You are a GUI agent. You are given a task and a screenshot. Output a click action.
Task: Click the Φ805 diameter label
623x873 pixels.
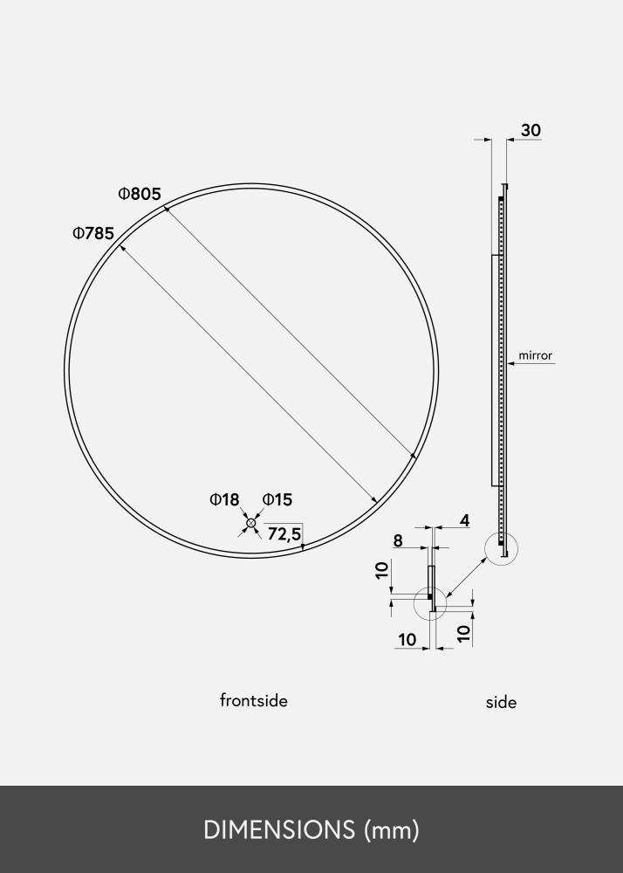pos(140,194)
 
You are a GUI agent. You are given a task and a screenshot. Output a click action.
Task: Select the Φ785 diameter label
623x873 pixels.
pos(93,234)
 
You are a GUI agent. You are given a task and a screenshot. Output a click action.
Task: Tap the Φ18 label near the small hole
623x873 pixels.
pos(224,500)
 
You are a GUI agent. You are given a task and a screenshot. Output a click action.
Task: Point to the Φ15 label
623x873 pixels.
pos(277,500)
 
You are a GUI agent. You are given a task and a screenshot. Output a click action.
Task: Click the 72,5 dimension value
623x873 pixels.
pos(284,534)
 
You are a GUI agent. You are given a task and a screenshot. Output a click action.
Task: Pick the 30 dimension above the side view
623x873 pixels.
pos(531,131)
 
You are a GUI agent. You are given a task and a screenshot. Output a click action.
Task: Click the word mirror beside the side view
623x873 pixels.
pos(536,355)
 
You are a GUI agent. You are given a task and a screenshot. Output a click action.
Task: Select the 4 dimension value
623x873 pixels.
pos(464,521)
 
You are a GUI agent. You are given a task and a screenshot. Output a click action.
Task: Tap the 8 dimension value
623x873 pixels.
pos(398,540)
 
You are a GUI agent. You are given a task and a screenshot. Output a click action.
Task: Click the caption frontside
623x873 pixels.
pos(253,700)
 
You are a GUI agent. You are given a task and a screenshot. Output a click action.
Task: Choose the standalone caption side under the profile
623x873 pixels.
pos(501,702)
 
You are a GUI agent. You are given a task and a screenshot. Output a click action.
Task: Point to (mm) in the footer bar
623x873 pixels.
pos(392,830)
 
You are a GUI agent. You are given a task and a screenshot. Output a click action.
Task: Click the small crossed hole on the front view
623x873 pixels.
pos(251,523)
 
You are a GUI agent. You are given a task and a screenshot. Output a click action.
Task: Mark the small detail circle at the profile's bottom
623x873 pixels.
pos(502,549)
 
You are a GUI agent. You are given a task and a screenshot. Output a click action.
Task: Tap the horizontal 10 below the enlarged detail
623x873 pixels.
pos(407,640)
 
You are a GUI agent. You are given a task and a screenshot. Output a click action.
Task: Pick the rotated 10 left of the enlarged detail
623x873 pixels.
pos(381,572)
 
